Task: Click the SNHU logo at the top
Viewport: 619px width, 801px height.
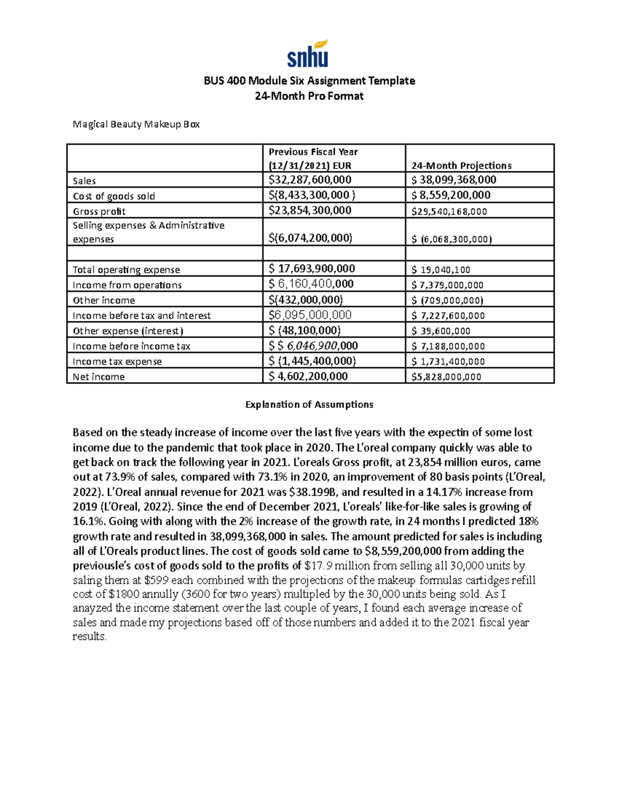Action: (x=307, y=54)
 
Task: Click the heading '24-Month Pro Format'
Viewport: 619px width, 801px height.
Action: (x=309, y=96)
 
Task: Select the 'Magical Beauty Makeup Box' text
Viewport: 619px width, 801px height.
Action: (x=136, y=124)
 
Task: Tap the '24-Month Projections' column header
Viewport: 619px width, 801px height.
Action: (x=461, y=166)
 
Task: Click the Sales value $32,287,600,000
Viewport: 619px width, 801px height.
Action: (x=310, y=179)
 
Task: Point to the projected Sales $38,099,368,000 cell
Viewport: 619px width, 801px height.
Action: (x=453, y=179)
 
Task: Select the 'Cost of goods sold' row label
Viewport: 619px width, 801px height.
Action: (x=113, y=196)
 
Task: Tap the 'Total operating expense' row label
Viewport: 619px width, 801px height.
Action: (x=126, y=270)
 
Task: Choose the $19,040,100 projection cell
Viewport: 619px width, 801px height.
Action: (x=441, y=269)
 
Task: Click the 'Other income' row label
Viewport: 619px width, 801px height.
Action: (x=104, y=300)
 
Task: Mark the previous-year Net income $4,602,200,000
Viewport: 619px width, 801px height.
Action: (x=308, y=377)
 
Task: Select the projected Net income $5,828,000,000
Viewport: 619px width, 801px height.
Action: (x=446, y=377)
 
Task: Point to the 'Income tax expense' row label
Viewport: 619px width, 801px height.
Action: (x=117, y=362)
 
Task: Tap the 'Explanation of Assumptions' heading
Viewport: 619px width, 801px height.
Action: (x=309, y=404)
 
